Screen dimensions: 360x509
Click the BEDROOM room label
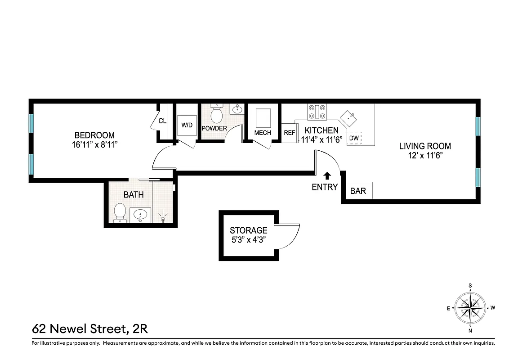[94, 135]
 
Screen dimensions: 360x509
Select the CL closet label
[162, 121]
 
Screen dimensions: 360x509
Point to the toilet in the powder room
[217, 114]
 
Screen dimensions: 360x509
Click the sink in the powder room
[237, 109]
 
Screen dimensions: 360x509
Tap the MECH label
[263, 133]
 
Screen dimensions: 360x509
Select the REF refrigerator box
[289, 133]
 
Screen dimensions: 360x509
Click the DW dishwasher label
[354, 138]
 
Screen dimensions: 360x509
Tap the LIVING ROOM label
[425, 146]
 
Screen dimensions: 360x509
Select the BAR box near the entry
[358, 191]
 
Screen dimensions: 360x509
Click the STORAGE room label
[249, 230]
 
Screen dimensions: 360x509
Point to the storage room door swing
[288, 236]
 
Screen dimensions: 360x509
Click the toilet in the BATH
[120, 212]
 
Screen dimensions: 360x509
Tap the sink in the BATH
[140, 215]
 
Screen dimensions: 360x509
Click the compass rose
[470, 308]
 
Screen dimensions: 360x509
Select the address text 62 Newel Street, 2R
[90, 329]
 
